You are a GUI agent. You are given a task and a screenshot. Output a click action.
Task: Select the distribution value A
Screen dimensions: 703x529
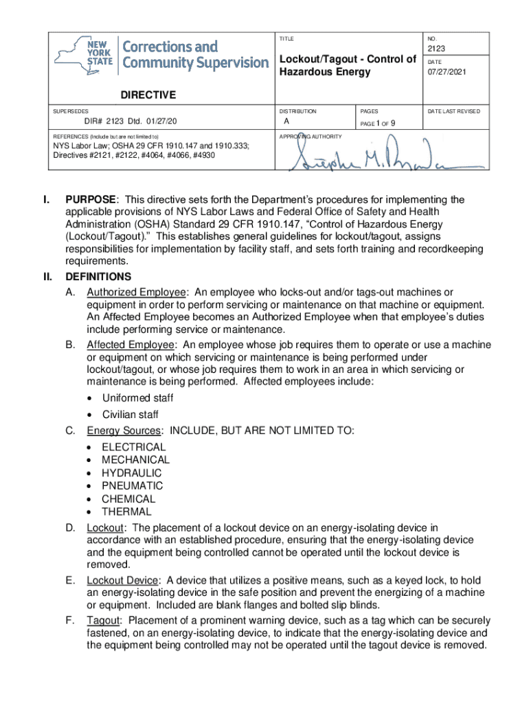286,122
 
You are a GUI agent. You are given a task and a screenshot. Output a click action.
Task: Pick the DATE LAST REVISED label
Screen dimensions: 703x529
454,111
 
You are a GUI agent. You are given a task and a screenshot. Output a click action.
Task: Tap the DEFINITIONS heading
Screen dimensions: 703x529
98,277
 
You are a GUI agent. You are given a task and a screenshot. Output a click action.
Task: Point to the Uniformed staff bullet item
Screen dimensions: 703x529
137,398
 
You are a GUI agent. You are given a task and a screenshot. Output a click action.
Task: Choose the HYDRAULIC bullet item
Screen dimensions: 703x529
132,473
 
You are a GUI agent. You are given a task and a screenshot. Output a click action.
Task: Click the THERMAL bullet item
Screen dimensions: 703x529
126,511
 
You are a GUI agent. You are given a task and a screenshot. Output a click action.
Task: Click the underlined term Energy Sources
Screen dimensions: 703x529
124,430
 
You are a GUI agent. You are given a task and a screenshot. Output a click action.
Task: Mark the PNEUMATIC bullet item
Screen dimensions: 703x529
133,486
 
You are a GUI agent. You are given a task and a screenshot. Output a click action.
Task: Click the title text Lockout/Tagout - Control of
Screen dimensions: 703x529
347,59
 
